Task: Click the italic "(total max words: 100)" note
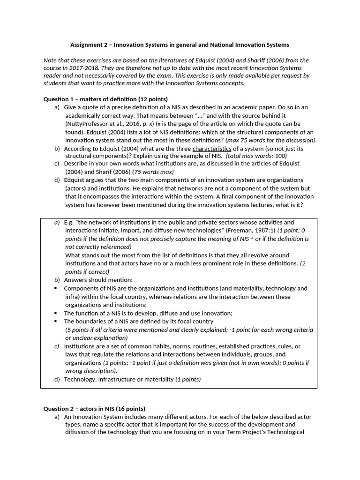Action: tap(256, 156)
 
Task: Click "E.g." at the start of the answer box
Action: tap(68, 222)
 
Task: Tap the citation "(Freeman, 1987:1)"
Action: tap(249, 231)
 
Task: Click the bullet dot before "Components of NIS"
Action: tap(56, 288)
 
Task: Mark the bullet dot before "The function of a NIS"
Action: tap(56, 313)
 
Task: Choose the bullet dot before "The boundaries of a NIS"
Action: tap(56, 322)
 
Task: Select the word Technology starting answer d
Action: tap(80, 379)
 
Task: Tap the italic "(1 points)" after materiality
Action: tap(188, 379)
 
